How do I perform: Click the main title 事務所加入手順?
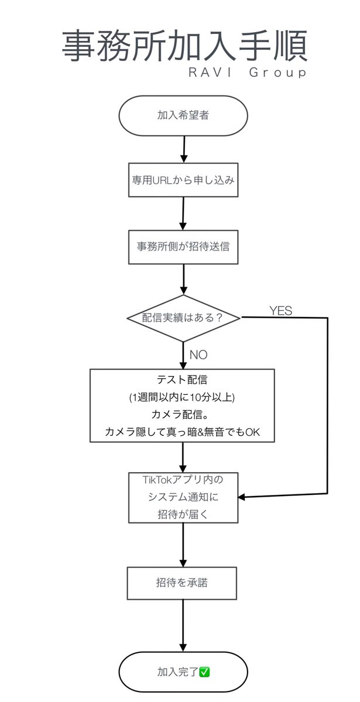point(184,47)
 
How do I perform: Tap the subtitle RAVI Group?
point(247,73)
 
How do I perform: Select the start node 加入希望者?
point(183,115)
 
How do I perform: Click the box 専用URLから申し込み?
point(183,180)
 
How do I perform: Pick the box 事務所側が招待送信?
point(183,246)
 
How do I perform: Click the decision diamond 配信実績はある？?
point(183,318)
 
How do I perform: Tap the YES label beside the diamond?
point(280,311)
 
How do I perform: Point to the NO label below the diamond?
point(198,355)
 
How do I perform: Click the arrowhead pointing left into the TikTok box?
point(242,497)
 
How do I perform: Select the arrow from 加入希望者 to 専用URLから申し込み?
point(184,149)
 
